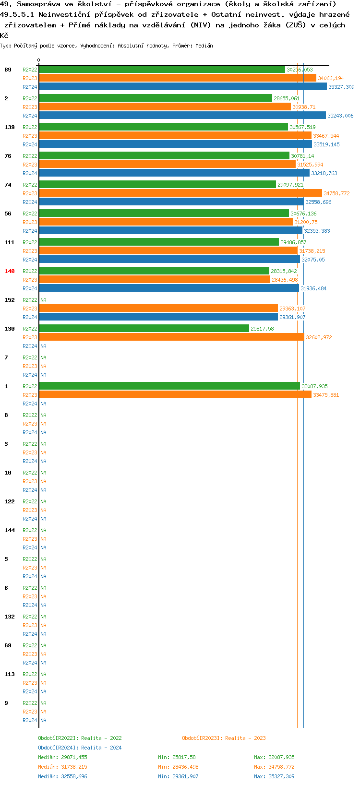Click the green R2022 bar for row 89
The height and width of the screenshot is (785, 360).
[x=162, y=70]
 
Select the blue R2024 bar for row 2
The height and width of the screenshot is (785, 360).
[x=182, y=116]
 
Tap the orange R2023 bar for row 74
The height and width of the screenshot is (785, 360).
[x=180, y=193]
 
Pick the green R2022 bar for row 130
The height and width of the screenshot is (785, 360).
[x=144, y=329]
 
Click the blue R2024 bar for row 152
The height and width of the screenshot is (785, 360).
[x=158, y=317]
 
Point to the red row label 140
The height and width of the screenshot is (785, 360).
[x=10, y=271]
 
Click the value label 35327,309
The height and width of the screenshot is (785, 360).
[x=341, y=87]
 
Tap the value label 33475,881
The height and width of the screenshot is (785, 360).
[x=326, y=395]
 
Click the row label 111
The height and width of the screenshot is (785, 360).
[x=10, y=242]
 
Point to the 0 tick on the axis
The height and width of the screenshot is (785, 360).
[x=39, y=60]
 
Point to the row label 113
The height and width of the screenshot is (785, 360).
[x=10, y=674]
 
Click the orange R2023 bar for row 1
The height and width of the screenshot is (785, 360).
[x=175, y=395]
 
